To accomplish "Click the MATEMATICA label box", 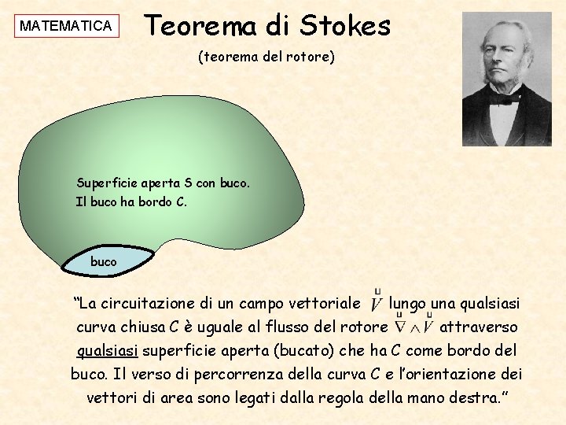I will pyautogui.click(x=66, y=26).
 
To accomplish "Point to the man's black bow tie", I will pyautogui.click(x=502, y=98).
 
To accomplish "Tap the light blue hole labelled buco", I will pyautogui.click(x=104, y=261).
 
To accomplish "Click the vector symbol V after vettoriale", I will pyautogui.click(x=377, y=301).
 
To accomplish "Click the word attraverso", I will pyautogui.click(x=478, y=327).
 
